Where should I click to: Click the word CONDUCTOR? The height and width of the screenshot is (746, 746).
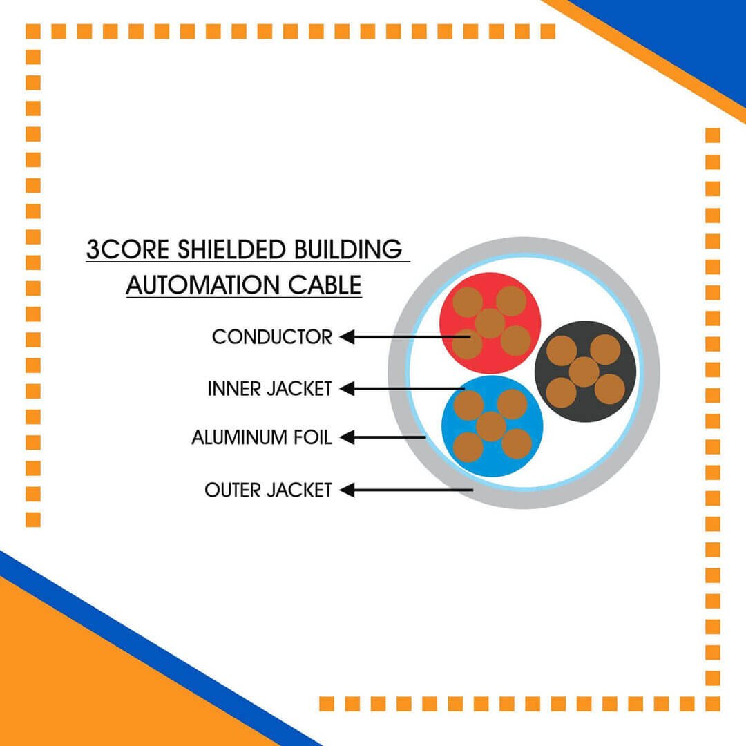point(271,337)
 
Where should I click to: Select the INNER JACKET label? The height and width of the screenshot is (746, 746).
point(269,389)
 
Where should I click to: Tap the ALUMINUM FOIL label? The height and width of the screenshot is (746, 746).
point(262,437)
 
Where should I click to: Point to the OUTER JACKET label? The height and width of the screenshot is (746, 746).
point(268,490)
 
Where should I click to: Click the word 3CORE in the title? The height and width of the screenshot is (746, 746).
point(128,250)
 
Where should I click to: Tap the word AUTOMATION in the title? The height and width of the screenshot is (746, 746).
point(202,285)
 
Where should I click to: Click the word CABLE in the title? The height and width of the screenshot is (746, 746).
point(325,285)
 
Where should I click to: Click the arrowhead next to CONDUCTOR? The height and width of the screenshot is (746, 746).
point(347,337)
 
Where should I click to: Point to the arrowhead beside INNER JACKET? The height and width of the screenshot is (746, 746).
point(347,389)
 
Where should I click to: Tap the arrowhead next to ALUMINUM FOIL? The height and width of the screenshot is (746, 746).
point(347,437)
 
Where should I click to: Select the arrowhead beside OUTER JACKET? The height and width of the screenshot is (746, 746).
point(347,490)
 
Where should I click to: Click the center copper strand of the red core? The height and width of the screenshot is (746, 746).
point(490,323)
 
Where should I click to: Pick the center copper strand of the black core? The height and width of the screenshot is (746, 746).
point(584,372)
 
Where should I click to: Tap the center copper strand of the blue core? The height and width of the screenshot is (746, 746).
point(491,427)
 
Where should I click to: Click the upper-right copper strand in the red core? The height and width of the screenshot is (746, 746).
point(511,301)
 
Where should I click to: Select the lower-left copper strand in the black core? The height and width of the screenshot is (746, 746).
point(561,393)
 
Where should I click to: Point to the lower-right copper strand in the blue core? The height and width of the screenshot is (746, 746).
point(517,443)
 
